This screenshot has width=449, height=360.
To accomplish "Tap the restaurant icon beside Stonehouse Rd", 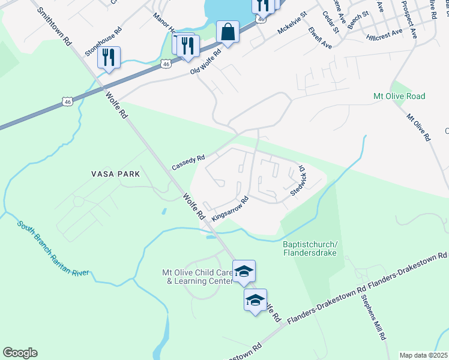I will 109,58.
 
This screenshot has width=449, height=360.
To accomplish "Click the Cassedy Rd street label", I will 188,162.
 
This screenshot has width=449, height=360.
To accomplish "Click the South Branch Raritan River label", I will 53,249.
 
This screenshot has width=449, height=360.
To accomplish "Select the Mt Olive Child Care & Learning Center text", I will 197,277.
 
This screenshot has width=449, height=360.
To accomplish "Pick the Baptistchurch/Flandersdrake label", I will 310,248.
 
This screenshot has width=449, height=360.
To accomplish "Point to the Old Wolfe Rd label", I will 206,62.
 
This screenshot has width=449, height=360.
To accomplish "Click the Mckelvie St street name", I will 292,22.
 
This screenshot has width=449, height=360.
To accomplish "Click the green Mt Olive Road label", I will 399,96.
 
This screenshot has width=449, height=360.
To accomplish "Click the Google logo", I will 20,353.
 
